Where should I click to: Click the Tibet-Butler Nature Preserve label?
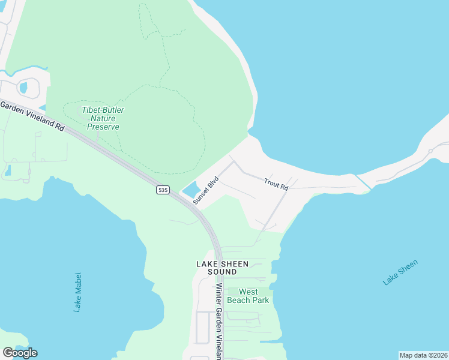coord(103,118)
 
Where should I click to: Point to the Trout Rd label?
coord(276,184)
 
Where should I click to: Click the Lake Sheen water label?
coord(400,272)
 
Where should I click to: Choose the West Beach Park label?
coord(249,296)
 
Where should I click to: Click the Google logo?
coord(20,353)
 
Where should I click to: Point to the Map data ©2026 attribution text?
coord(423,355)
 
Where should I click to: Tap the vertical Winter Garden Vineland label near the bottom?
coord(219,321)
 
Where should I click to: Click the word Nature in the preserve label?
coord(103,118)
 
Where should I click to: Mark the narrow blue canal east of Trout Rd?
coord(363,181)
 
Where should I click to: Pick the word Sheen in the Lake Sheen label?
coord(408,267)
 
